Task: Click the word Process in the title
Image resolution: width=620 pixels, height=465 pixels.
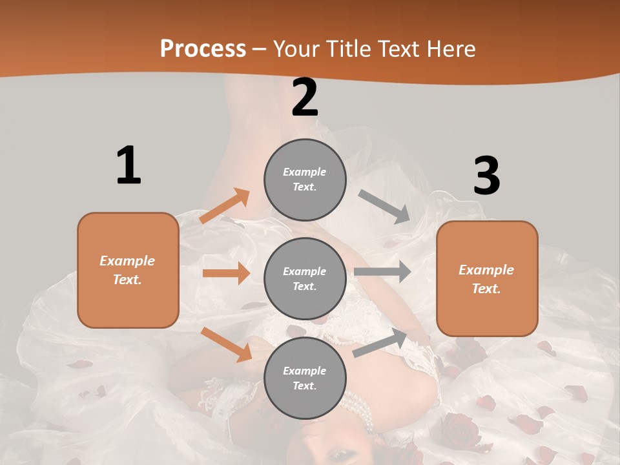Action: (203, 49)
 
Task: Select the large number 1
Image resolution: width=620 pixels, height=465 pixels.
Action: (129, 165)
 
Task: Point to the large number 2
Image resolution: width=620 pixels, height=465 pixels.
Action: (305, 98)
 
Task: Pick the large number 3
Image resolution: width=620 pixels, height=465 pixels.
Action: (486, 176)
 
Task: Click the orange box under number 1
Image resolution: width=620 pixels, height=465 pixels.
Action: (128, 270)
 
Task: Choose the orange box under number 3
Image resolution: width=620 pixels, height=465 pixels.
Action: (487, 278)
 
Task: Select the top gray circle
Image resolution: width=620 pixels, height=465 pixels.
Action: (305, 179)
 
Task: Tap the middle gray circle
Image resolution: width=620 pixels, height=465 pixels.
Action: (305, 278)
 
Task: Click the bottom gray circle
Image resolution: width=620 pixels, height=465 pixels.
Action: (305, 378)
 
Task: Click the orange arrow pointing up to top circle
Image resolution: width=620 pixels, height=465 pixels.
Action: (225, 206)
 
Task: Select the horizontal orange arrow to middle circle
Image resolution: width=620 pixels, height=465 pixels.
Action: (226, 273)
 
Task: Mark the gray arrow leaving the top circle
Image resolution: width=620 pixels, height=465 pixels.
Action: (384, 207)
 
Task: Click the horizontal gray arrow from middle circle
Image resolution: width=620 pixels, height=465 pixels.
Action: (382, 271)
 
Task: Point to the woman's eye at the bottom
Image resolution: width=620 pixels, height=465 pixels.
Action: (340, 456)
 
